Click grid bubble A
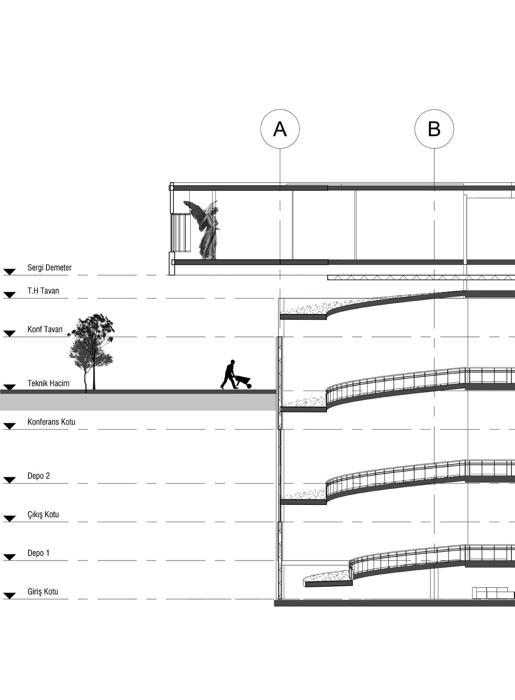point(280,129)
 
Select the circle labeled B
point(434,129)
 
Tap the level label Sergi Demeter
point(49,268)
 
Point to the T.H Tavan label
point(43,291)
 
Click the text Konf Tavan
point(45,329)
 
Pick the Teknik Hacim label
point(48,383)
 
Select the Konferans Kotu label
point(51,422)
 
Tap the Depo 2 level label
point(38,476)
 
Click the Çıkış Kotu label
point(43,515)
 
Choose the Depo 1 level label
point(38,553)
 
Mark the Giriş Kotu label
point(43,592)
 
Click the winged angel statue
point(203,230)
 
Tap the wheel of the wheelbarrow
point(249,386)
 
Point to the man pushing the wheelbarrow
point(229,375)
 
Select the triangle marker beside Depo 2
point(10,480)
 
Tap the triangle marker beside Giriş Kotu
point(10,596)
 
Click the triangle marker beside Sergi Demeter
point(10,272)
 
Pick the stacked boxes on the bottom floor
point(494,593)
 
